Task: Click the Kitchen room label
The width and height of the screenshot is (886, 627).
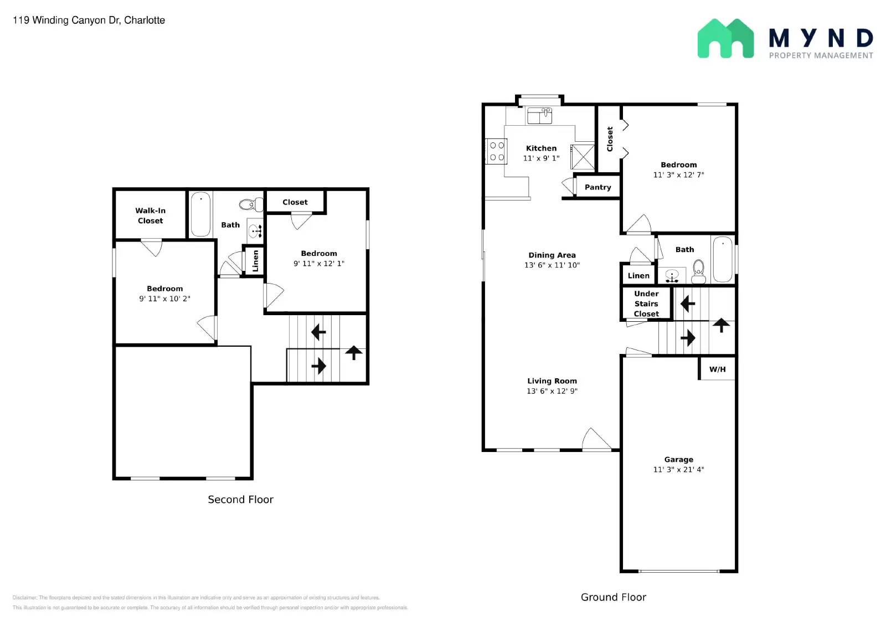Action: pyautogui.click(x=541, y=148)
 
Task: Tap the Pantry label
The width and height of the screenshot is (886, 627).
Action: pyautogui.click(x=597, y=187)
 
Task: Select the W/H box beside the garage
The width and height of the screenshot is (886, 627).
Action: pyautogui.click(x=717, y=369)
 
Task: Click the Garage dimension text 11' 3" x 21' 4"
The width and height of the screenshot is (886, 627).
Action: pyautogui.click(x=678, y=470)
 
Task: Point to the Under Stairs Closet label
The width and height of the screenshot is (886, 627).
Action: pyautogui.click(x=646, y=304)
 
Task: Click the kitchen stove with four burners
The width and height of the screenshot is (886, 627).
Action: pyautogui.click(x=497, y=151)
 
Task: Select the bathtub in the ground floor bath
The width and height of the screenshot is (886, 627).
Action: pyautogui.click(x=722, y=260)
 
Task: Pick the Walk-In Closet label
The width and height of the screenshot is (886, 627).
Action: pyautogui.click(x=150, y=215)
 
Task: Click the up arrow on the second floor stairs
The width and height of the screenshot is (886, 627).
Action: pyautogui.click(x=354, y=352)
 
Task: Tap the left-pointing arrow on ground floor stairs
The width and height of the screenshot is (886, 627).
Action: pyautogui.click(x=688, y=304)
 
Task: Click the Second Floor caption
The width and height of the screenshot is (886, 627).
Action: pyautogui.click(x=240, y=500)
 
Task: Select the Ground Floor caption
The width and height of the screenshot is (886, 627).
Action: pyautogui.click(x=613, y=597)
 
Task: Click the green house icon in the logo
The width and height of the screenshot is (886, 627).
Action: pyautogui.click(x=725, y=39)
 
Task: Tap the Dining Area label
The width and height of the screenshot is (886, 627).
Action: pyautogui.click(x=552, y=255)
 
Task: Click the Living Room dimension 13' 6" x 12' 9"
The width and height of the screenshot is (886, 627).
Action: pyautogui.click(x=552, y=391)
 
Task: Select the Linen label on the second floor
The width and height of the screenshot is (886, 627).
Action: pyautogui.click(x=255, y=261)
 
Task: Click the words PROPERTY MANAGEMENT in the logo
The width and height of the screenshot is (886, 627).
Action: pyautogui.click(x=821, y=55)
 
